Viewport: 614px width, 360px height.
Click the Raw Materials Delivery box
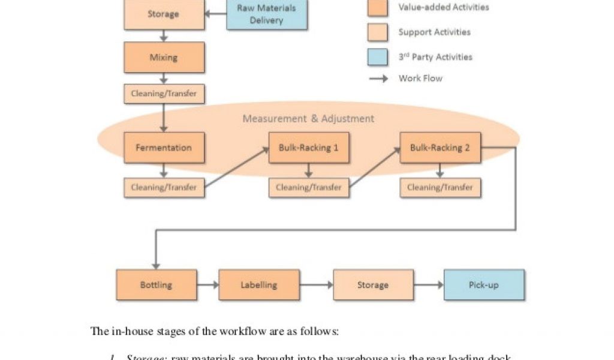click(267, 14)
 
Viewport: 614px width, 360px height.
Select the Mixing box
click(164, 58)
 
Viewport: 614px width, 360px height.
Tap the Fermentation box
click(164, 148)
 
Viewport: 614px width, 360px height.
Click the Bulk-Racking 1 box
click(308, 148)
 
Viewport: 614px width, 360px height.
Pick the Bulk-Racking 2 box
click(440, 148)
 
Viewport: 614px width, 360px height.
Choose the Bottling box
click(156, 284)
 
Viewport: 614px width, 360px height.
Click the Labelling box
click(259, 284)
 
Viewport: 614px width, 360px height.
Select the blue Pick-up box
click(484, 284)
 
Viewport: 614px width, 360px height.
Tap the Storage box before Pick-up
click(373, 284)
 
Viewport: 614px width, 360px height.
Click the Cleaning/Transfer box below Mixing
click(164, 94)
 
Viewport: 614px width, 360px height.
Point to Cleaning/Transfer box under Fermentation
click(164, 187)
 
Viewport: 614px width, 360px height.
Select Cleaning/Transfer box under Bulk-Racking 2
click(440, 187)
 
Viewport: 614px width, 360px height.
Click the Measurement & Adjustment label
click(308, 119)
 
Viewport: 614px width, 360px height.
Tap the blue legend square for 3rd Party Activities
click(378, 57)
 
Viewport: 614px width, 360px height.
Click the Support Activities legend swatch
click(378, 32)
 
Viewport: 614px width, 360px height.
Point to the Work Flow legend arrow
click(378, 79)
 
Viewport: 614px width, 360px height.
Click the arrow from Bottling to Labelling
click(207, 284)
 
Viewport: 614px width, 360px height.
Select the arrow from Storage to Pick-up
click(428, 284)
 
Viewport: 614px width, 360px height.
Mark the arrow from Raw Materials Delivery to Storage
click(215, 13)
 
